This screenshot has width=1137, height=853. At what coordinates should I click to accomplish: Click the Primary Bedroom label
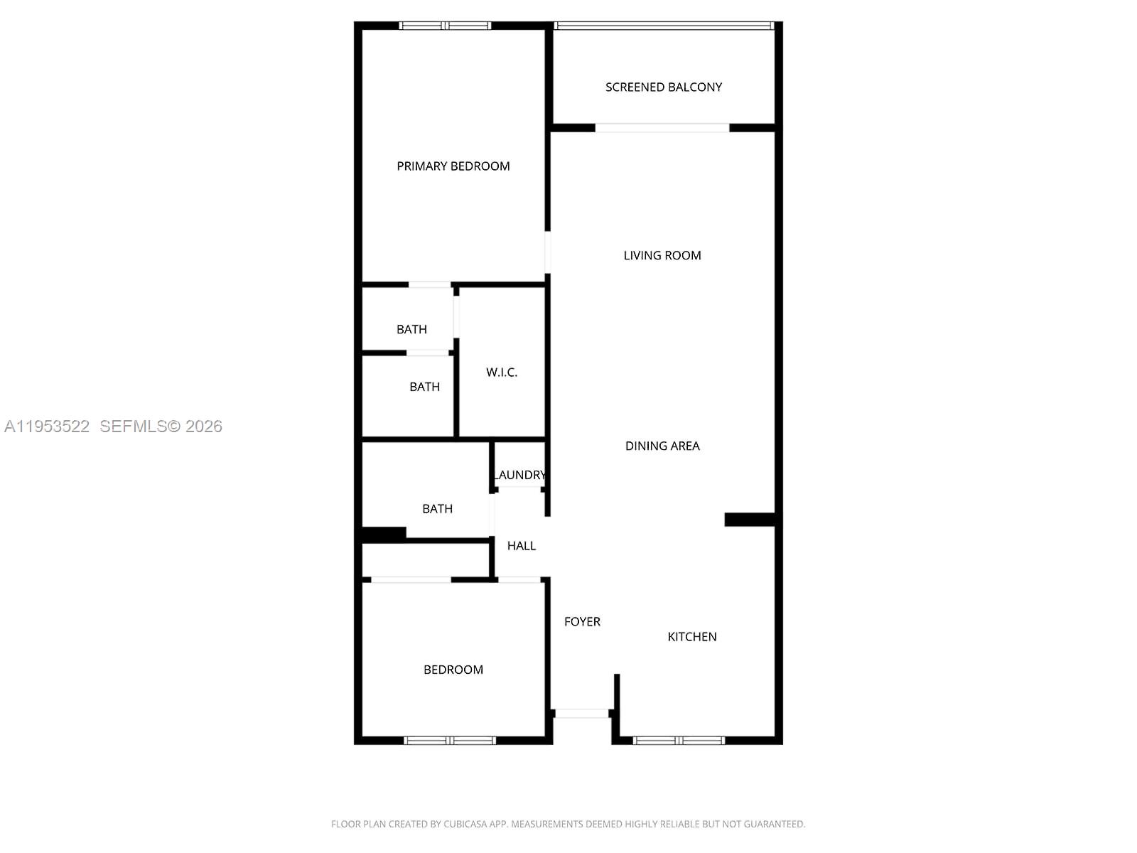tap(453, 166)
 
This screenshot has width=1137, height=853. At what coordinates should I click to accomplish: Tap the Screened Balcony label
tap(663, 87)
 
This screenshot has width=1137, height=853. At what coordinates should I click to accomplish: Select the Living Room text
tap(662, 255)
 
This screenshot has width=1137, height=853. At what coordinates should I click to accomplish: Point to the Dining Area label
tap(662, 446)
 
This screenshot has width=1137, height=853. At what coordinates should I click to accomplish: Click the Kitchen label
tap(691, 637)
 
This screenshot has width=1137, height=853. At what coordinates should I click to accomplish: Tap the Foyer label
tap(582, 621)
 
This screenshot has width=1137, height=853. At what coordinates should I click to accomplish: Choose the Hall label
tap(521, 546)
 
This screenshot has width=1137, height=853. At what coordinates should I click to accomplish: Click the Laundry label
tap(520, 475)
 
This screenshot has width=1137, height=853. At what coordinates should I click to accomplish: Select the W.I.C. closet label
tap(501, 372)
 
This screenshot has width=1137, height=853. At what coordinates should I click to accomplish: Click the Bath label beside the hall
tap(437, 509)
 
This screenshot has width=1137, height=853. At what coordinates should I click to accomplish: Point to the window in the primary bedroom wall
tap(445, 26)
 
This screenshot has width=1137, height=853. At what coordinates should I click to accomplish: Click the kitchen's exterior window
tap(679, 741)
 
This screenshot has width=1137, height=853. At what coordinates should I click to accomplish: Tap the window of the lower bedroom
tap(449, 741)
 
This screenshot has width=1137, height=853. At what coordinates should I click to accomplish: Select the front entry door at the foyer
tap(581, 713)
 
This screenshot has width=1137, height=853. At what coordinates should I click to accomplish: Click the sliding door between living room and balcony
tap(662, 128)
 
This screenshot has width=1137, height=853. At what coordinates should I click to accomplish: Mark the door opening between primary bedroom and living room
tap(547, 252)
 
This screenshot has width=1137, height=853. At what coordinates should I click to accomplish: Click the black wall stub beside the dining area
tap(749, 520)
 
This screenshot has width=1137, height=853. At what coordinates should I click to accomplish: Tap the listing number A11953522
tap(47, 426)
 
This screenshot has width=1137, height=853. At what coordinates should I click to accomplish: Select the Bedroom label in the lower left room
tap(453, 670)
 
